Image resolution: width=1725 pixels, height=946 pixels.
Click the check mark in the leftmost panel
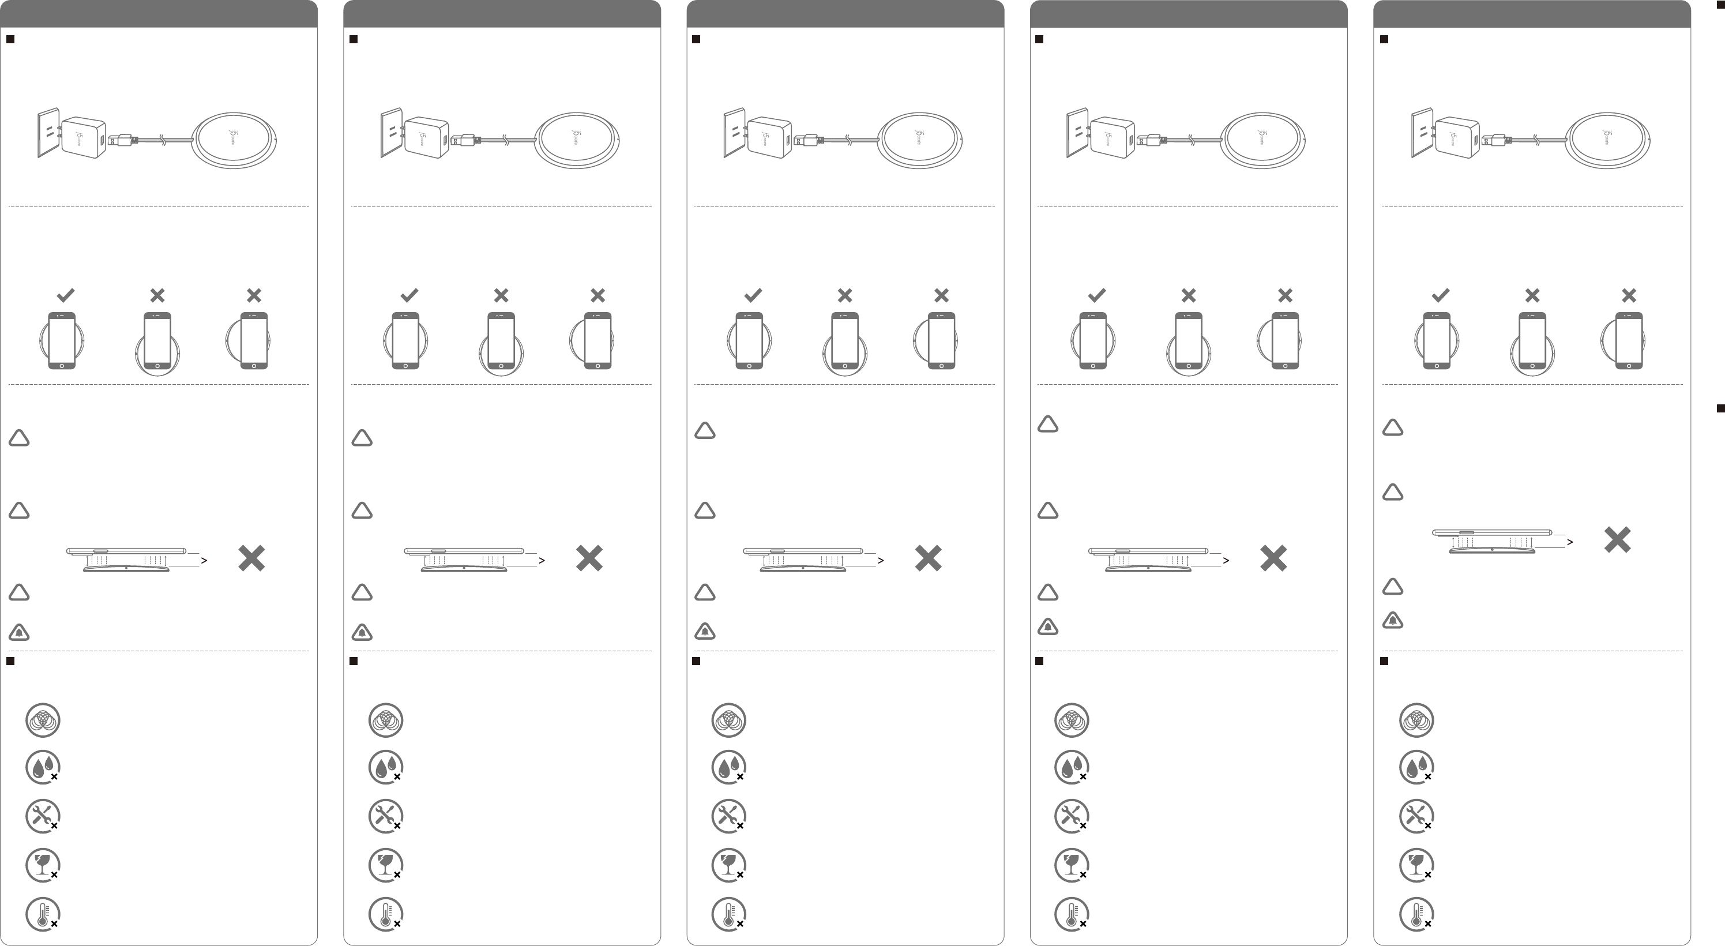click(x=66, y=295)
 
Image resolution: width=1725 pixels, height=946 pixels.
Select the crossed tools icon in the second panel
click(x=385, y=816)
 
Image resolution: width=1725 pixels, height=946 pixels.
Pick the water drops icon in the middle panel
click(x=728, y=767)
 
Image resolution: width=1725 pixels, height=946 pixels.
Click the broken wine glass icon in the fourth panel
click(x=1072, y=865)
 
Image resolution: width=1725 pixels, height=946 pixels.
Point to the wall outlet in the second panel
click(x=391, y=132)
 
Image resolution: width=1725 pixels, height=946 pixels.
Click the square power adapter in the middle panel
click(x=769, y=138)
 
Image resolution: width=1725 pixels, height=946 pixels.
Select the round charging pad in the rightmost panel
click(x=1607, y=140)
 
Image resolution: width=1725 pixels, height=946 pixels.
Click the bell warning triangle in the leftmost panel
click(x=19, y=632)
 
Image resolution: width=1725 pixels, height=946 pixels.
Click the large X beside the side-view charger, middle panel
click(x=928, y=558)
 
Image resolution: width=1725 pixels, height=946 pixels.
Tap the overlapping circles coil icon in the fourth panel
click(x=1072, y=720)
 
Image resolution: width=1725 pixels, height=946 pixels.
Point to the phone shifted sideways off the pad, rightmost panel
click(x=1629, y=340)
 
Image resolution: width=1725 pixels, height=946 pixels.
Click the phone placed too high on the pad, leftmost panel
click(x=157, y=340)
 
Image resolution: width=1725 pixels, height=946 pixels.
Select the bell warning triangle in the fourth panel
click(x=1048, y=626)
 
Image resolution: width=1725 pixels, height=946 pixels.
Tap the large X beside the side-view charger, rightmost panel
click(x=1617, y=539)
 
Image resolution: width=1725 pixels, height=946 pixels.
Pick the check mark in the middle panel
click(x=753, y=295)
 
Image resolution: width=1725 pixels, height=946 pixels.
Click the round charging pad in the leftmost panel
click(x=234, y=140)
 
